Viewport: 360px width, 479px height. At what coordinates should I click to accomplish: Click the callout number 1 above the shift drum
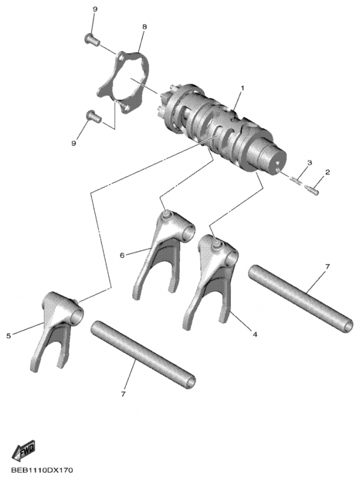pos(243,88)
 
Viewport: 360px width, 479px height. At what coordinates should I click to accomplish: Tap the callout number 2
pos(327,172)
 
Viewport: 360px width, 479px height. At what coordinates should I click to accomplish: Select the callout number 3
pos(310,162)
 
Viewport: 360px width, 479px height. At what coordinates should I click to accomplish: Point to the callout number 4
pos(255,334)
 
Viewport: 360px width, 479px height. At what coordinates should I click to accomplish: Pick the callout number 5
pos(8,336)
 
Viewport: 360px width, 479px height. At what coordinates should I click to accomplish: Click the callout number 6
pos(122,255)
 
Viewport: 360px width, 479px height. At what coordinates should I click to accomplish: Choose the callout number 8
pos(144,27)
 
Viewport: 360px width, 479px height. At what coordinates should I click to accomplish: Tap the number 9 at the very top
pos(95,9)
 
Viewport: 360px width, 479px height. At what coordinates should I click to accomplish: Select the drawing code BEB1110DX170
pos(42,470)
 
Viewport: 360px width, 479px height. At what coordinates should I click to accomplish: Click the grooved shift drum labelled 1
pos(223,128)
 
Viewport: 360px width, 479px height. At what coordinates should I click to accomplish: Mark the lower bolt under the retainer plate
pos(93,116)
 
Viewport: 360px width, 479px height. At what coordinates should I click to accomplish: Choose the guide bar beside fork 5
pos(143,353)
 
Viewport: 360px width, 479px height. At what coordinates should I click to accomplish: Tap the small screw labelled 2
pos(311,190)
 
